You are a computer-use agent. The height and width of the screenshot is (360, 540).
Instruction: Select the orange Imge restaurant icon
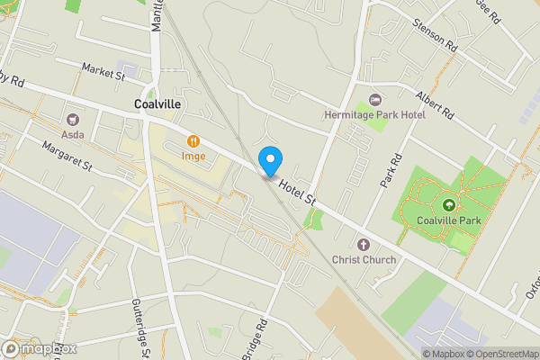193,141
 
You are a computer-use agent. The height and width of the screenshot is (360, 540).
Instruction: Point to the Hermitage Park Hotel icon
375,99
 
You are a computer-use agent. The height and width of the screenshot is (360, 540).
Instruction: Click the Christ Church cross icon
364,245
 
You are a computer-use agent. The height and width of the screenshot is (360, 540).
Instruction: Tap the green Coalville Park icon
448,205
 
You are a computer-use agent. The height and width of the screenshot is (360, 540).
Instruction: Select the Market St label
103,71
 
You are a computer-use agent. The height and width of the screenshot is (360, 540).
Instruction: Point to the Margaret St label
67,154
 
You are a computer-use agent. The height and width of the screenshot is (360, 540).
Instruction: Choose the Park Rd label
388,169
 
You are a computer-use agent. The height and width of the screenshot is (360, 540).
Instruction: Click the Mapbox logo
40,348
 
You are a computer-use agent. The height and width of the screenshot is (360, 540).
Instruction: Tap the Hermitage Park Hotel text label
374,115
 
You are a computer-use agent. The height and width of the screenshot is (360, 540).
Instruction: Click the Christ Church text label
364,260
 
